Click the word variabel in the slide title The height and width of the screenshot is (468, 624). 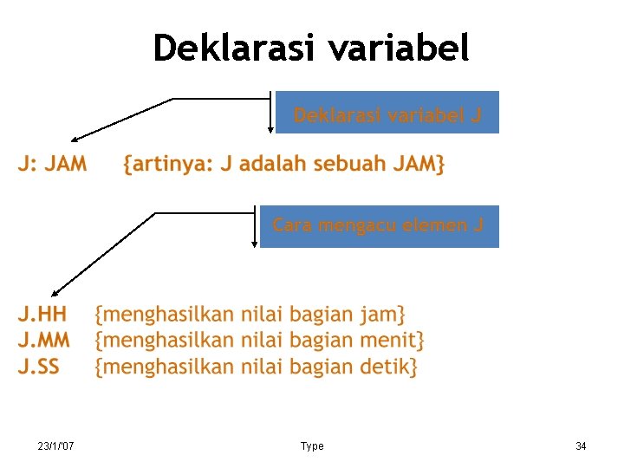[x=400, y=49]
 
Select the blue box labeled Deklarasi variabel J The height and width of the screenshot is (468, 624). [x=387, y=114]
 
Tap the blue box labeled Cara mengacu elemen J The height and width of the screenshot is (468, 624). [x=379, y=226]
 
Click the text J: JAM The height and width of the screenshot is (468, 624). [x=53, y=164]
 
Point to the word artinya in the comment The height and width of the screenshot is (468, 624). [x=170, y=164]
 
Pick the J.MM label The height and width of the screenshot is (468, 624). [x=44, y=340]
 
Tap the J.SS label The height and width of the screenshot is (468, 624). [x=39, y=367]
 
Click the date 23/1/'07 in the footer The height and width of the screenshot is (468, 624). [x=55, y=446]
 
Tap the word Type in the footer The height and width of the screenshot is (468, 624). [x=312, y=446]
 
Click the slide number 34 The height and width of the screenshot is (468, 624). [x=581, y=446]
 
